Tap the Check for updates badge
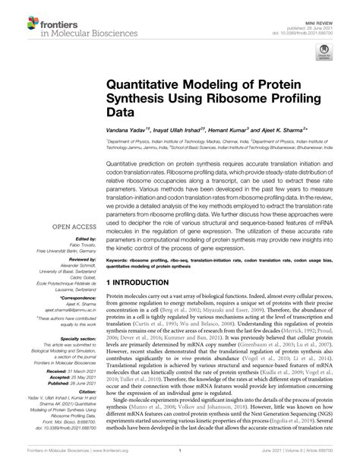pos(324,52)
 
